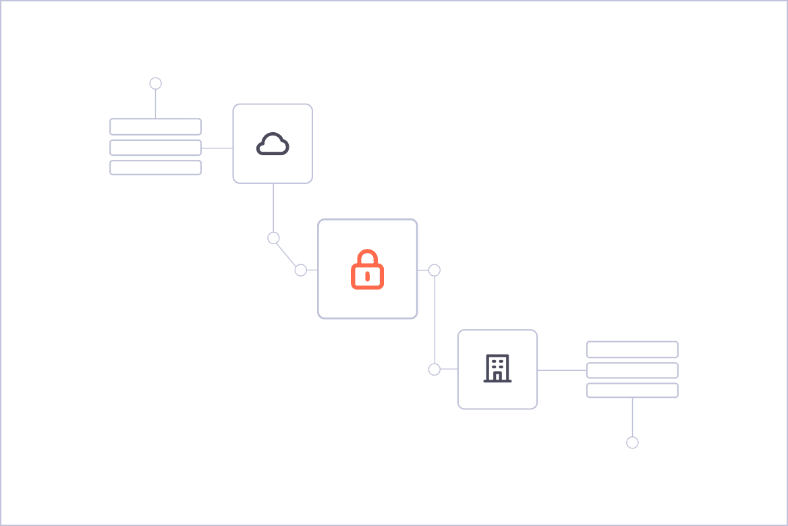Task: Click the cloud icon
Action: coord(273,144)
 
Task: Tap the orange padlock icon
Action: coord(367,270)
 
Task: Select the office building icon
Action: coord(497,369)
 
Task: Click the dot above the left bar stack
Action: coord(155,83)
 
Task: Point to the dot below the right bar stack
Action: coord(632,442)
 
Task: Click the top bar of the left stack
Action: coord(155,127)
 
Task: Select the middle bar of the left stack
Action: coord(155,148)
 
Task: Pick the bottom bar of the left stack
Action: coord(155,167)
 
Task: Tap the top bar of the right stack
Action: coord(632,349)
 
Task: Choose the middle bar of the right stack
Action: coord(632,370)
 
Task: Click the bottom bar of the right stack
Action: coord(632,390)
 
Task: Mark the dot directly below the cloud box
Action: coord(273,238)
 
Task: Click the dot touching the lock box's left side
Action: coord(301,270)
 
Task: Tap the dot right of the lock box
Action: coord(434,270)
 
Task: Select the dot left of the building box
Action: coord(434,370)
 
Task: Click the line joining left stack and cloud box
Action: coord(217,148)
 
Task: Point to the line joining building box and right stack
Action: coord(562,370)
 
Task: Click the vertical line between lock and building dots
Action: coord(434,320)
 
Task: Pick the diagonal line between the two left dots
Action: coord(287,254)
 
